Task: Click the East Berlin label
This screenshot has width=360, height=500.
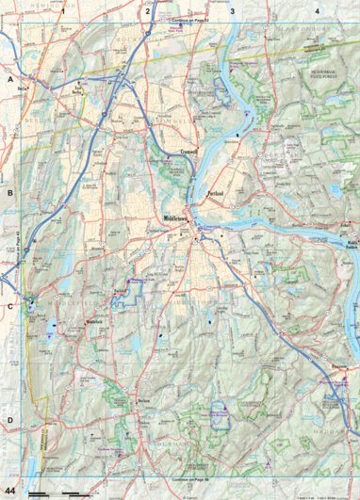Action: (x=79, y=90)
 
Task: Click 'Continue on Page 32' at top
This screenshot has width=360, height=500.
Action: (x=194, y=18)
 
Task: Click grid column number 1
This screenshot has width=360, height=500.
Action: (x=63, y=11)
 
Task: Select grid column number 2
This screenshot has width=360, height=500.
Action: (x=148, y=11)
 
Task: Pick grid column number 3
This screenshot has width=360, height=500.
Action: (x=232, y=11)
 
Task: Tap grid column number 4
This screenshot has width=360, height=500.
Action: (x=317, y=11)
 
